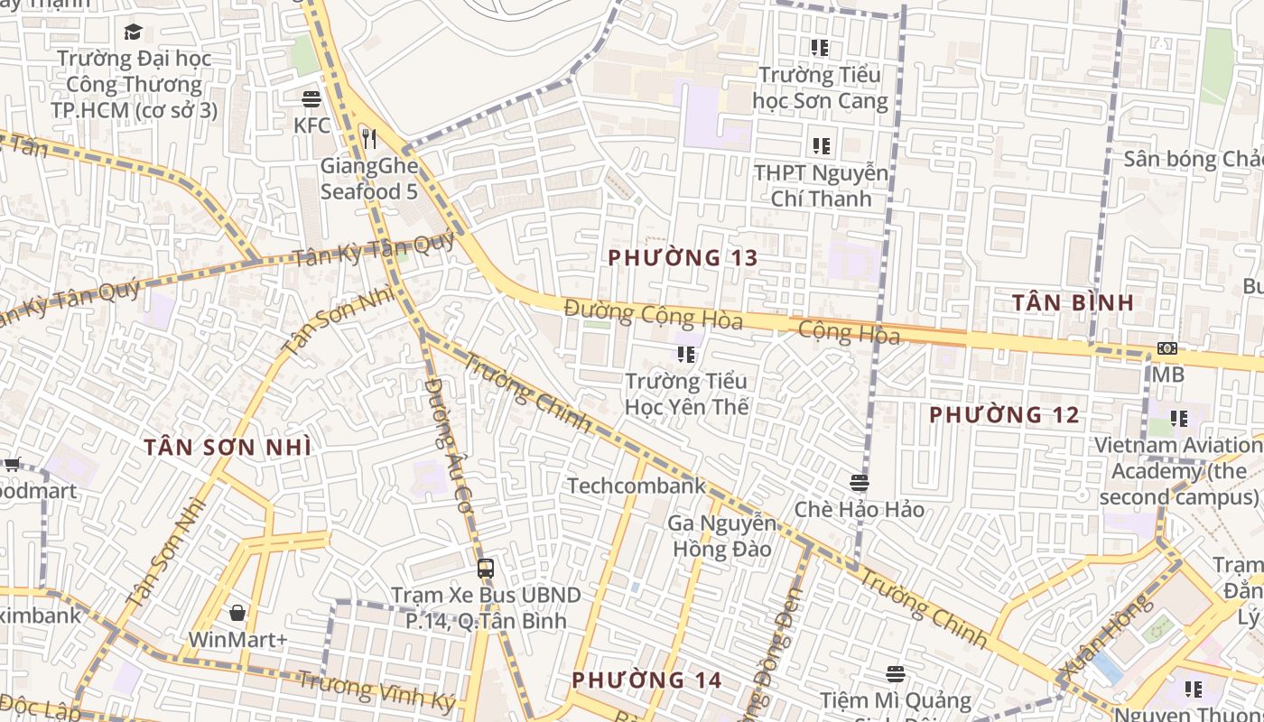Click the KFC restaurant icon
click(311, 98)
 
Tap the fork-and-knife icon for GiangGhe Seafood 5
click(368, 138)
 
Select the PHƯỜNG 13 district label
click(683, 258)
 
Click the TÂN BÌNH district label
click(1073, 302)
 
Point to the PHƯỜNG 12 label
click(1004, 415)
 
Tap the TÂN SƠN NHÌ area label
click(228, 448)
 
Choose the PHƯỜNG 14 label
click(646, 680)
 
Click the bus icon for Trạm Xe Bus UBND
click(486, 569)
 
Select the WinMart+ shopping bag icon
click(237, 614)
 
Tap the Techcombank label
click(637, 486)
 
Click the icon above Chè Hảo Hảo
click(859, 483)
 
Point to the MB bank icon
click(1167, 348)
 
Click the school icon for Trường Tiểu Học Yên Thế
click(686, 355)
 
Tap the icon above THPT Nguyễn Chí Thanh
click(821, 144)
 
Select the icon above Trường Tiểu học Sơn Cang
click(819, 47)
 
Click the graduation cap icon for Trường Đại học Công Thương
click(134, 32)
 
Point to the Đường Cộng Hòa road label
click(653, 314)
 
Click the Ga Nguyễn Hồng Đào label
click(720, 536)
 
